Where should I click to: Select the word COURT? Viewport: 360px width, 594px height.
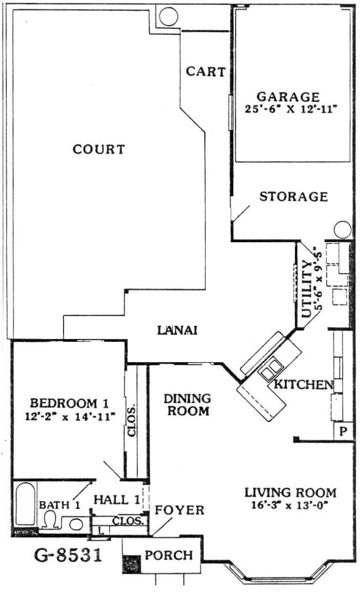pos(99,149)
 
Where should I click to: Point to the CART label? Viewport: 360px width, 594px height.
pos(206,72)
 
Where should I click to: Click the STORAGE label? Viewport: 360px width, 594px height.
pos(294,197)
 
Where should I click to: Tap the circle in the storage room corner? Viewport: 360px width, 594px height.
pos(343,230)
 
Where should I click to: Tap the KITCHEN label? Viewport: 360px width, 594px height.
pos(303,384)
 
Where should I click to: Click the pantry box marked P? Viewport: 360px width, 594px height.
pos(343,431)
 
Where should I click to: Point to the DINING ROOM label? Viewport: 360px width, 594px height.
pos(187,405)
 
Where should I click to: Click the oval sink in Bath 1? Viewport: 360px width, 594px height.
pos(76,524)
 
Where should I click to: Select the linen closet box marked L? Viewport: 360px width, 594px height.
pos(100,531)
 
